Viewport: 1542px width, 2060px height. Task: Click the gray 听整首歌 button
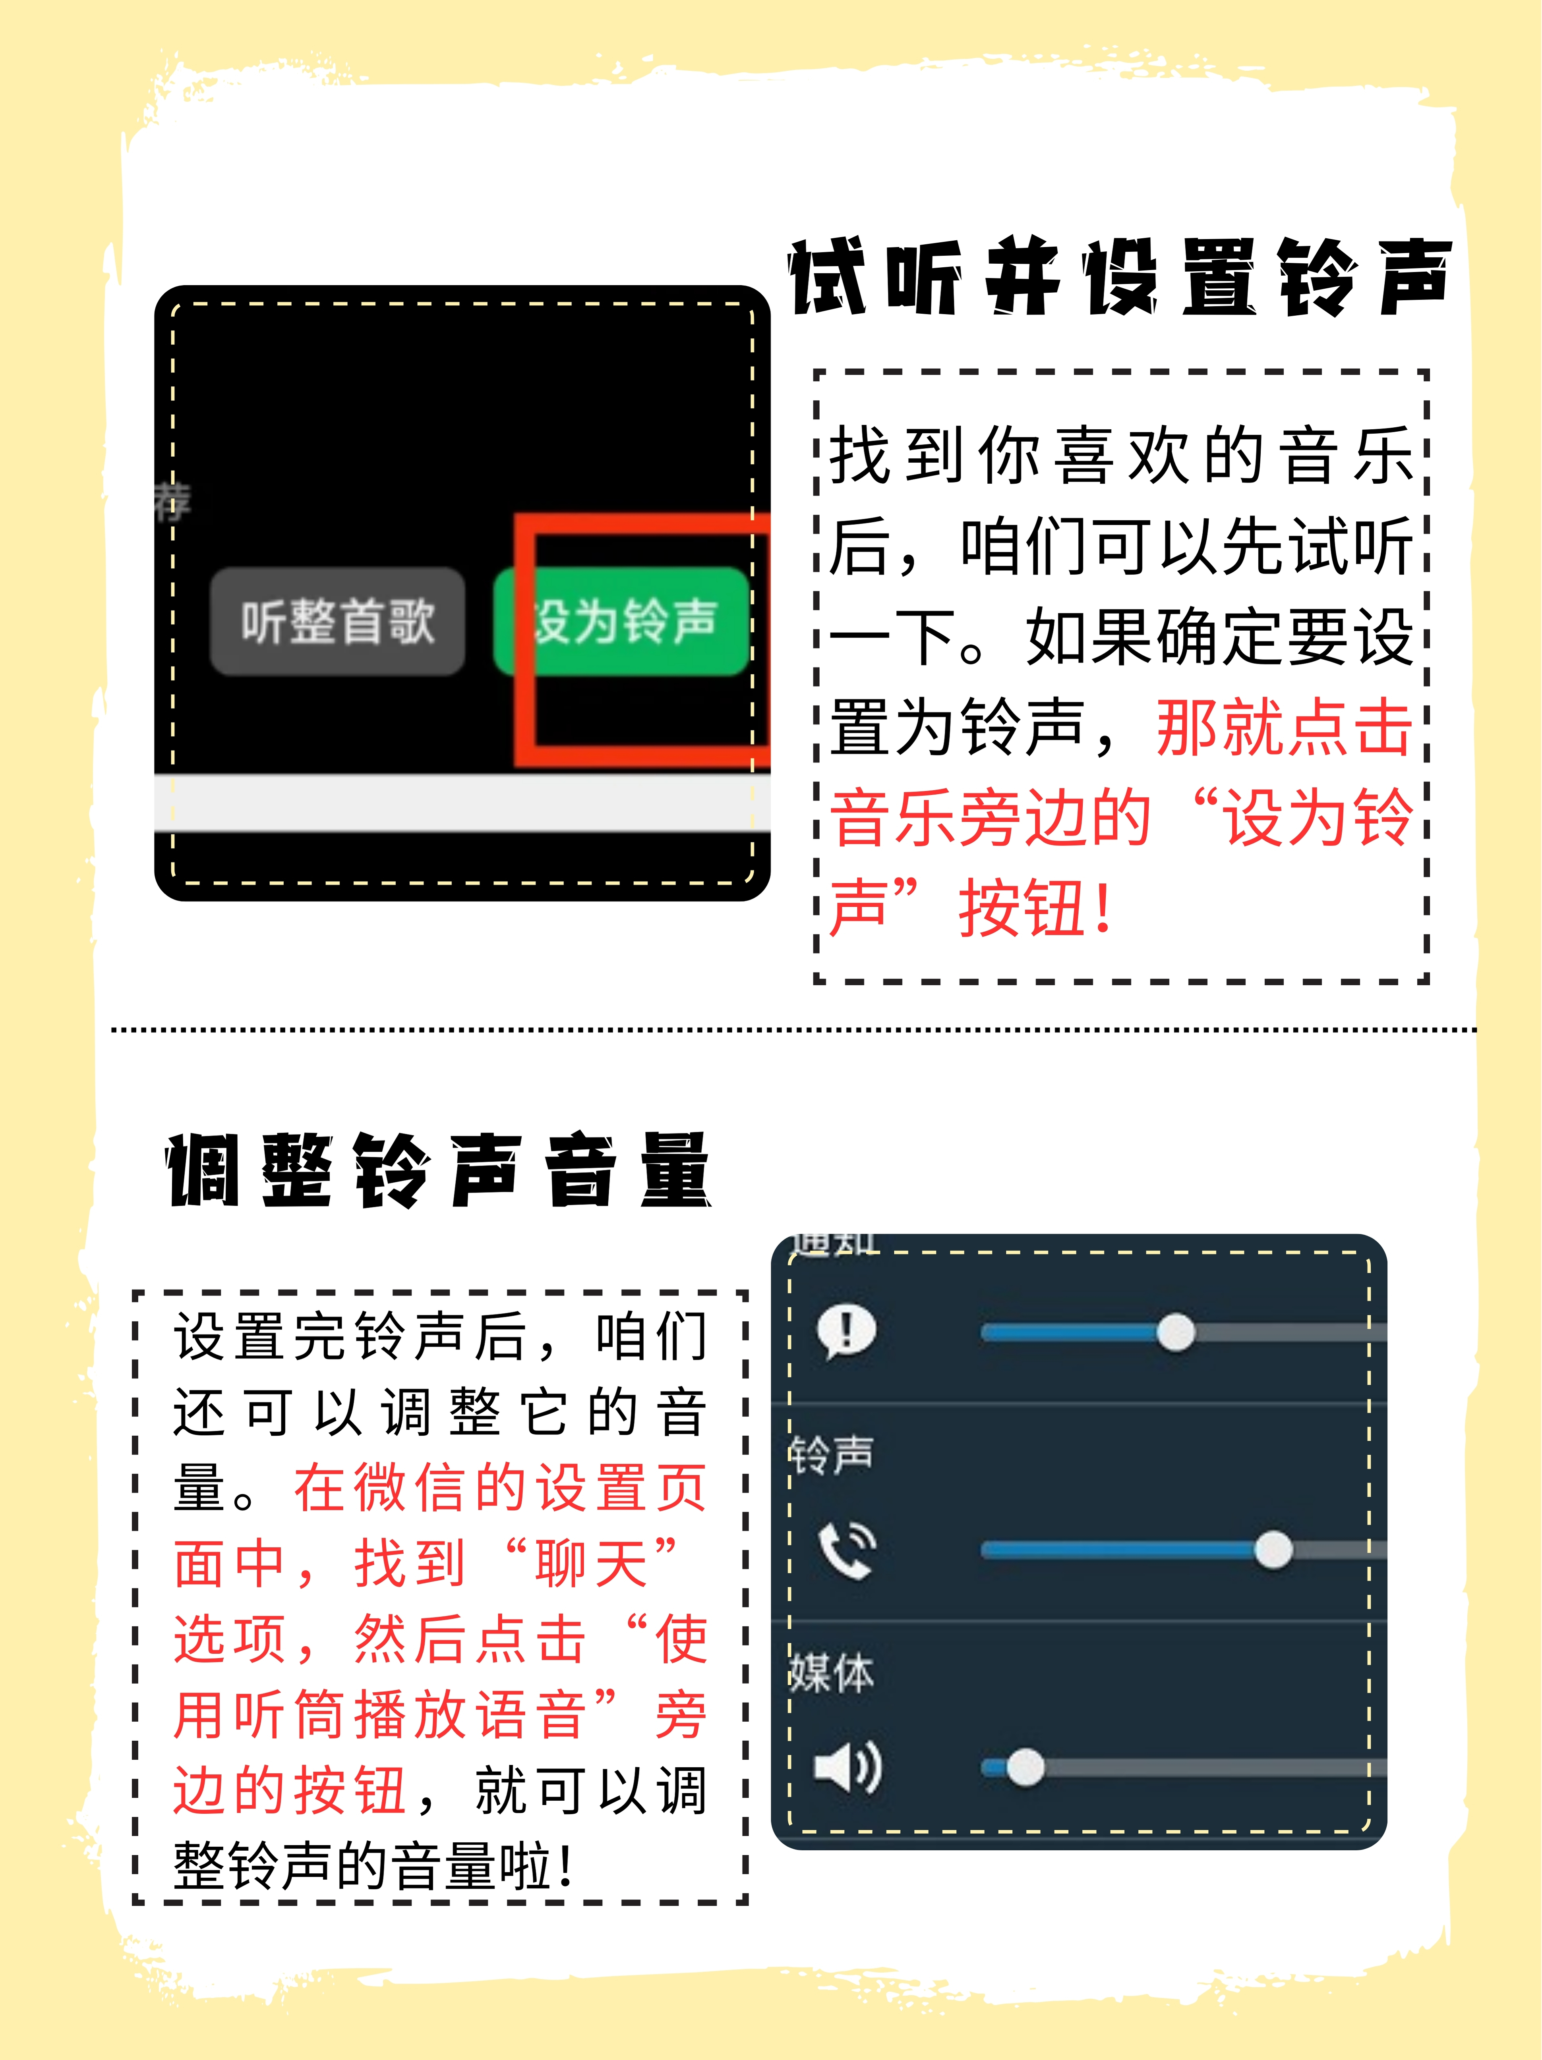coord(337,621)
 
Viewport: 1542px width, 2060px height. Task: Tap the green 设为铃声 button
coord(622,621)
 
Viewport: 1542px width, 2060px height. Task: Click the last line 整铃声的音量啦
coord(373,1867)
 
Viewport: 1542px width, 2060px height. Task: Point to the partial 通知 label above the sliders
coord(834,1245)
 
